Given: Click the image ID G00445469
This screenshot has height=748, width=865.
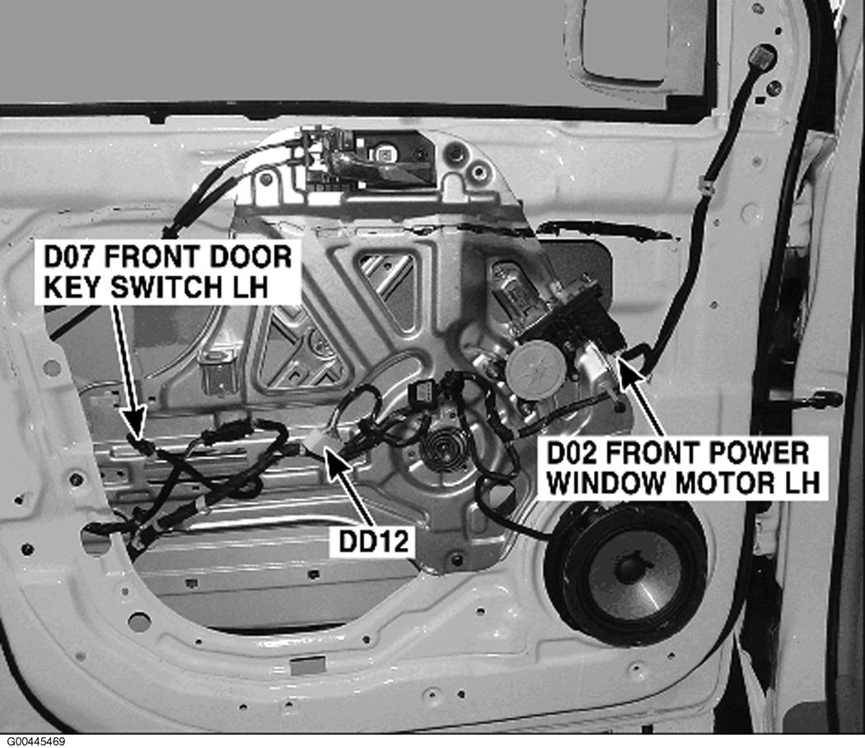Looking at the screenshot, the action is [33, 741].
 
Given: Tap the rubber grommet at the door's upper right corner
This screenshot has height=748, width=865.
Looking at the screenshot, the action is [762, 56].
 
